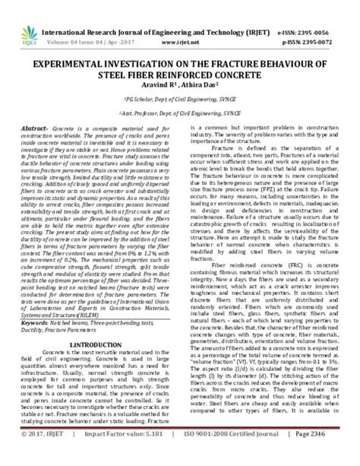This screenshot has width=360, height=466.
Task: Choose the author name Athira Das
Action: pyautogui.click(x=204, y=87)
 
